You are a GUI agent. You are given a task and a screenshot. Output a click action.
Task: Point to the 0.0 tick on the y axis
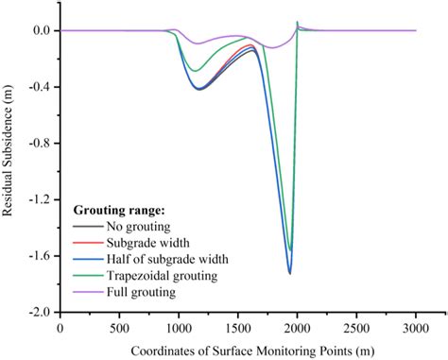[x=40, y=31]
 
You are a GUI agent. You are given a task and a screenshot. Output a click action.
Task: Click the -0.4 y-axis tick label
[x=38, y=87]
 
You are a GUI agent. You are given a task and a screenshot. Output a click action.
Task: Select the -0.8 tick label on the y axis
[x=38, y=144]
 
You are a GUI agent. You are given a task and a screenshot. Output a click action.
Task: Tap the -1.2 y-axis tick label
[x=38, y=199]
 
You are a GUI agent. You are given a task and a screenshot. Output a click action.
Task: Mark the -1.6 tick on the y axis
[x=38, y=255]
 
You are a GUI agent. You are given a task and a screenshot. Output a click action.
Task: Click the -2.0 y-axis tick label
[x=38, y=312]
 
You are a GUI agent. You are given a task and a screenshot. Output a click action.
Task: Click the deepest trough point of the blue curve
[x=289, y=273]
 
